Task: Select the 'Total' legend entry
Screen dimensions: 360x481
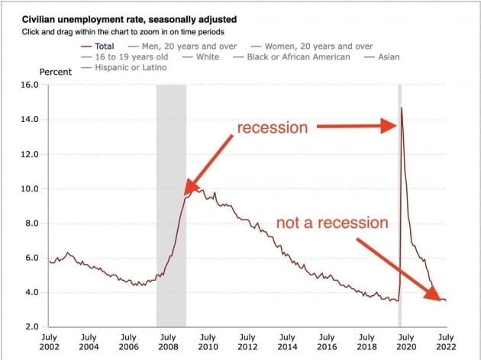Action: tap(105, 46)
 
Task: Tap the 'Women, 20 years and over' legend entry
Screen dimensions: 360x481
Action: tap(312, 46)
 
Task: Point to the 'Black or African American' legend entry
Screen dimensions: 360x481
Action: tap(299, 56)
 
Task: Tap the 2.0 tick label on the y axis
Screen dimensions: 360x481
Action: tap(31, 327)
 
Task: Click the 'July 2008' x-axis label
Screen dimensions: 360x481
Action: tap(168, 342)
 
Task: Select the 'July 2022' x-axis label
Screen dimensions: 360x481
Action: tap(446, 342)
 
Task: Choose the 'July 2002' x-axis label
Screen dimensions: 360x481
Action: tap(49, 342)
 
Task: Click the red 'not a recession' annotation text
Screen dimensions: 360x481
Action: tap(333, 223)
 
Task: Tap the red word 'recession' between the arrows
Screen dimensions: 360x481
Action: tap(273, 127)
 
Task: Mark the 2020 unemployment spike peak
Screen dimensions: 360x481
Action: tap(402, 108)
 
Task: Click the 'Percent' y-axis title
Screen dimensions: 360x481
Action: tap(56, 72)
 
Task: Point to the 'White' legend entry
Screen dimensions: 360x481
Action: tap(206, 56)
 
